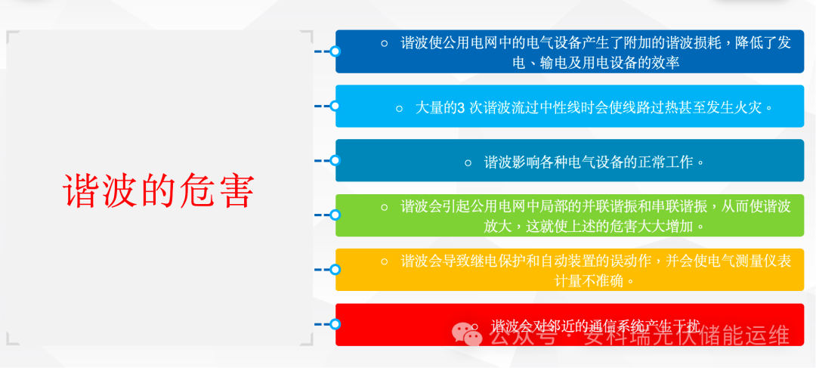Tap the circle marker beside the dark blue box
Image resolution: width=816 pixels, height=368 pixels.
click(x=335, y=51)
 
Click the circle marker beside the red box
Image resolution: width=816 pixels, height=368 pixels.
click(x=335, y=323)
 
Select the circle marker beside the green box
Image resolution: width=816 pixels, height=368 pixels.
click(x=335, y=215)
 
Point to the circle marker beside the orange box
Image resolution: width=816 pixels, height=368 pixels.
click(x=335, y=269)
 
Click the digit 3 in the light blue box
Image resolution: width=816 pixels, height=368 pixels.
click(x=460, y=107)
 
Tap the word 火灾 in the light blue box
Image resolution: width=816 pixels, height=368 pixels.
click(x=750, y=107)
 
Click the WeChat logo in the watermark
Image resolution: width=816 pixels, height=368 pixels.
click(x=467, y=333)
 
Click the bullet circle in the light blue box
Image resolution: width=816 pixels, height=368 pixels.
click(x=400, y=108)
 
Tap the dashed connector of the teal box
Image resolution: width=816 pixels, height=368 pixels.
click(x=322, y=160)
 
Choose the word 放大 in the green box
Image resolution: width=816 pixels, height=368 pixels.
click(x=499, y=226)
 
